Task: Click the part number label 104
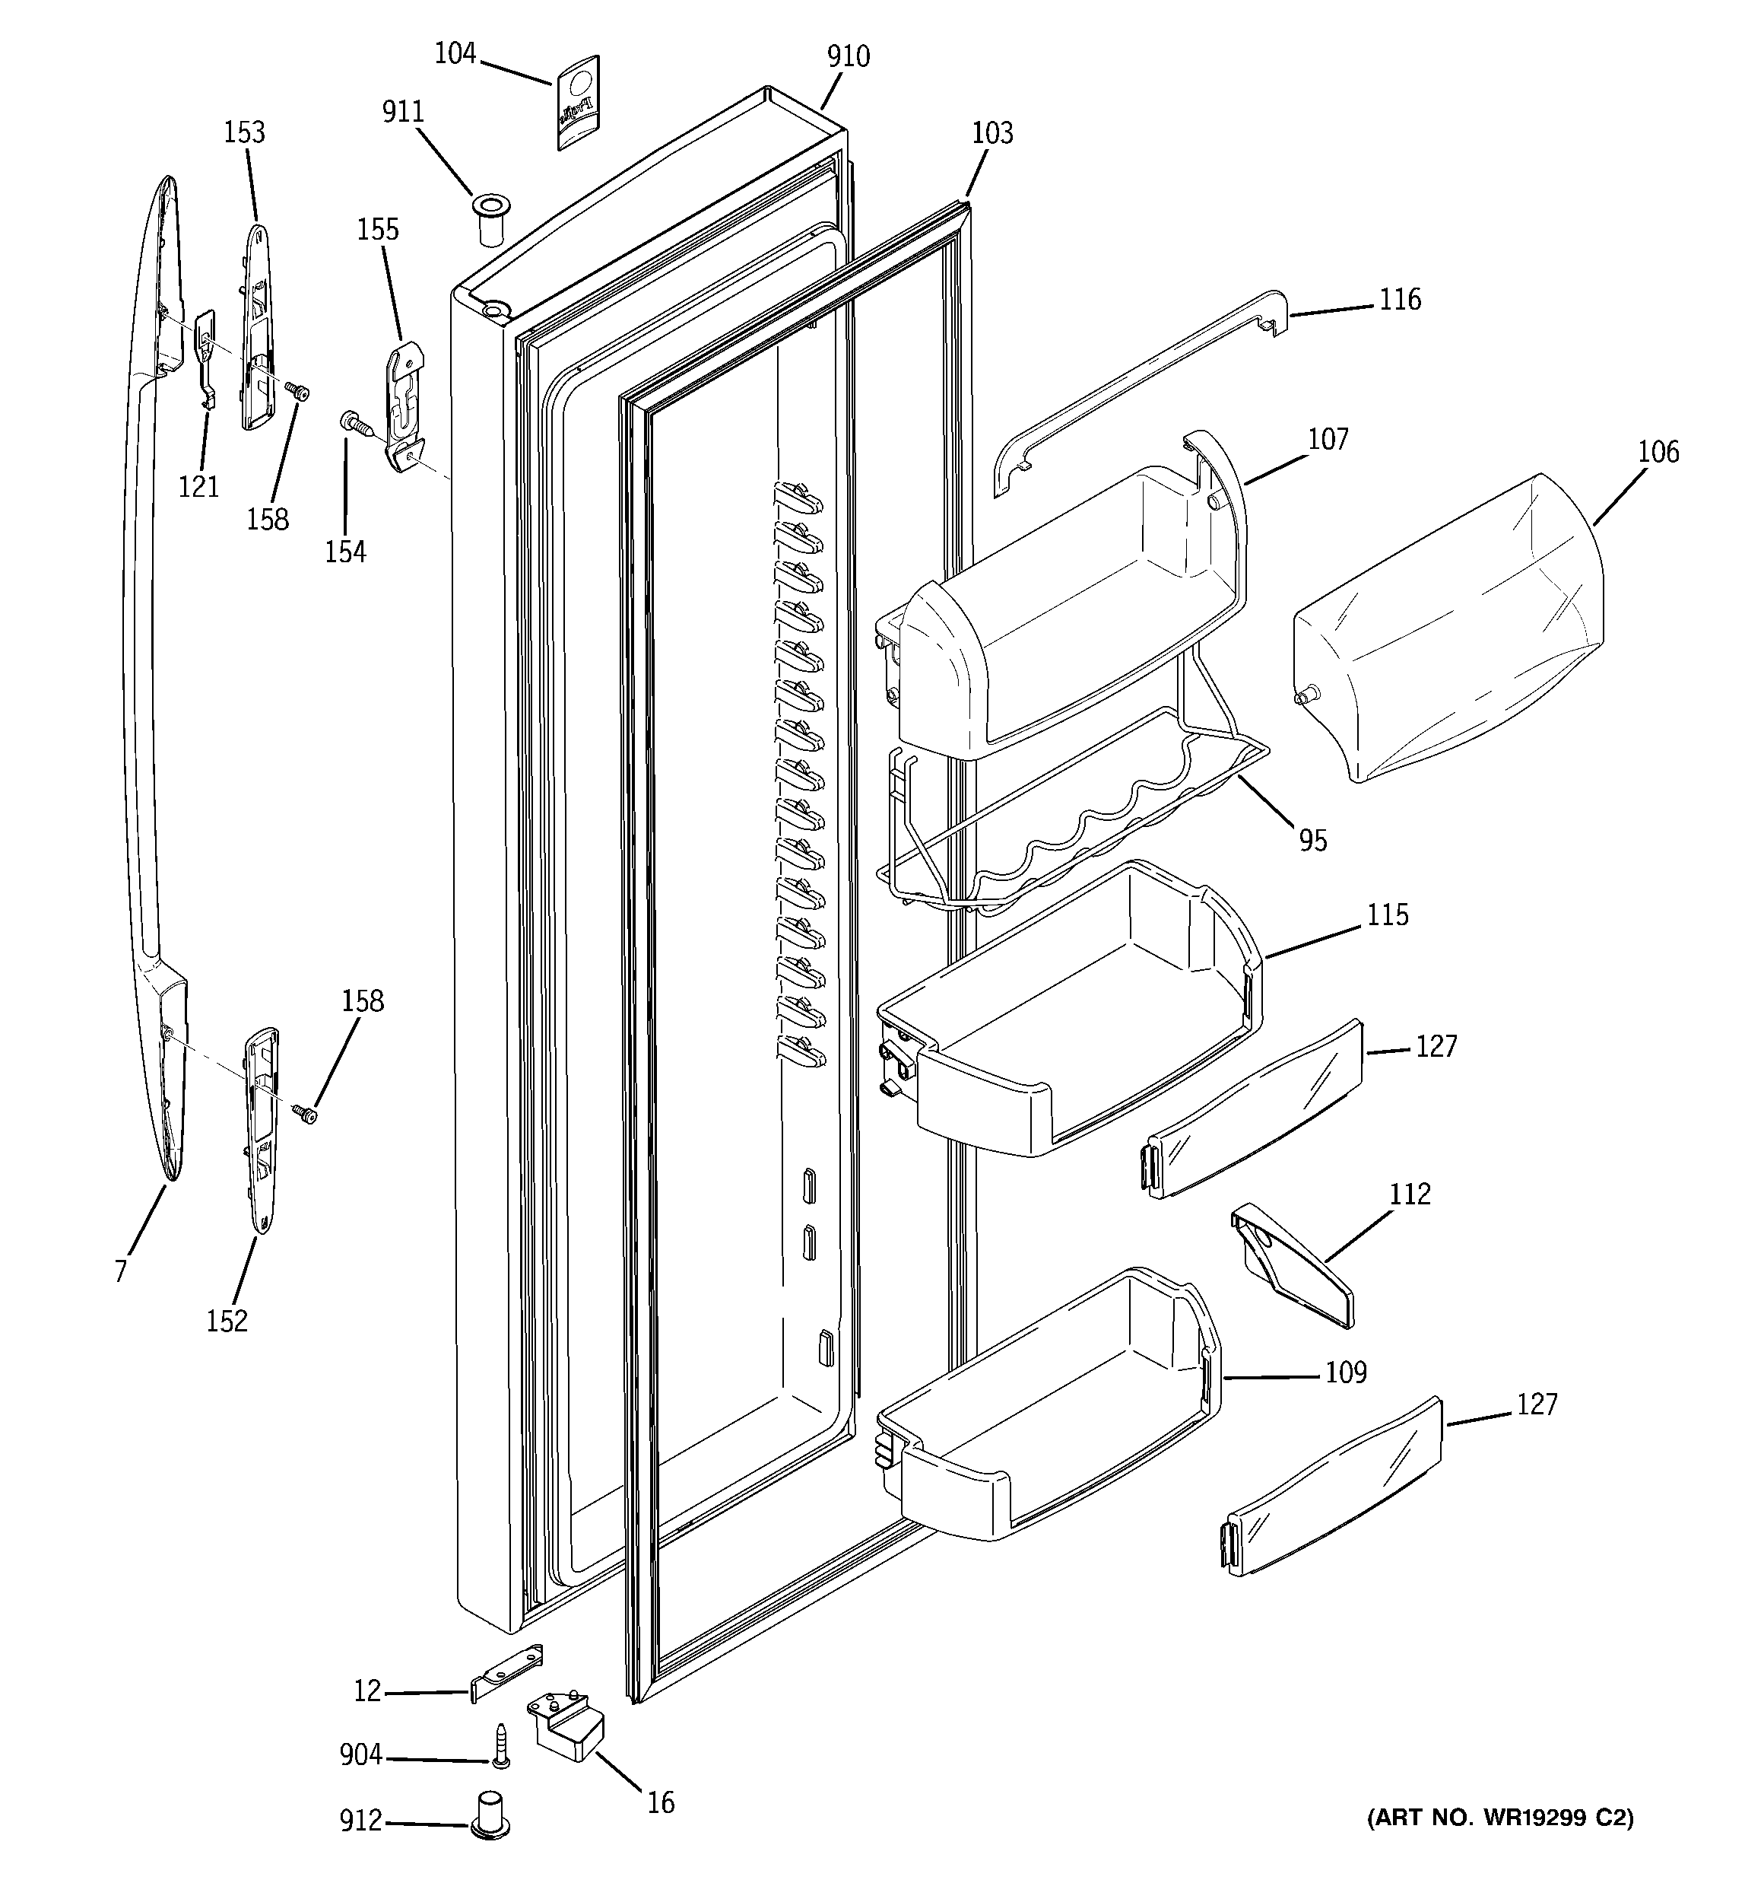(x=455, y=54)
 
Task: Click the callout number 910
(x=848, y=57)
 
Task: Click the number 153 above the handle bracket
(x=243, y=132)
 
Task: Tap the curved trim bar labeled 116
(x=1136, y=390)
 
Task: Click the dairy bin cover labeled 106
(x=1448, y=625)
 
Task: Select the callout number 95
(x=1312, y=840)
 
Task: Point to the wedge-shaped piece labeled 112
(x=1294, y=1268)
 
